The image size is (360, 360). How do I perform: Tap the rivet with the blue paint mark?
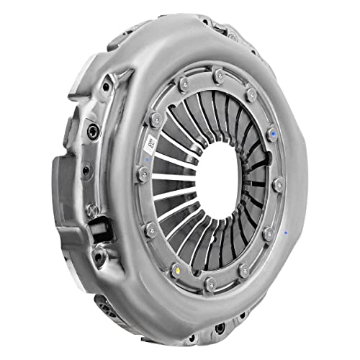click(x=272, y=133)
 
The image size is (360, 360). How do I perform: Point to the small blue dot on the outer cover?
click(x=287, y=233)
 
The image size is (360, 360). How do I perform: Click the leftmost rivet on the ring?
click(x=143, y=173)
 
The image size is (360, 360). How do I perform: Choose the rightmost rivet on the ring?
click(x=278, y=185)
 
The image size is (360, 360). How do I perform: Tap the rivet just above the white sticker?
click(x=156, y=119)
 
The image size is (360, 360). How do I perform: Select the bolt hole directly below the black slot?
click(x=100, y=253)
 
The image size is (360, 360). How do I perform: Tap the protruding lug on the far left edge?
click(x=62, y=180)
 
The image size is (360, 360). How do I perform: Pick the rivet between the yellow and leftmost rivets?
click(x=151, y=230)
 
